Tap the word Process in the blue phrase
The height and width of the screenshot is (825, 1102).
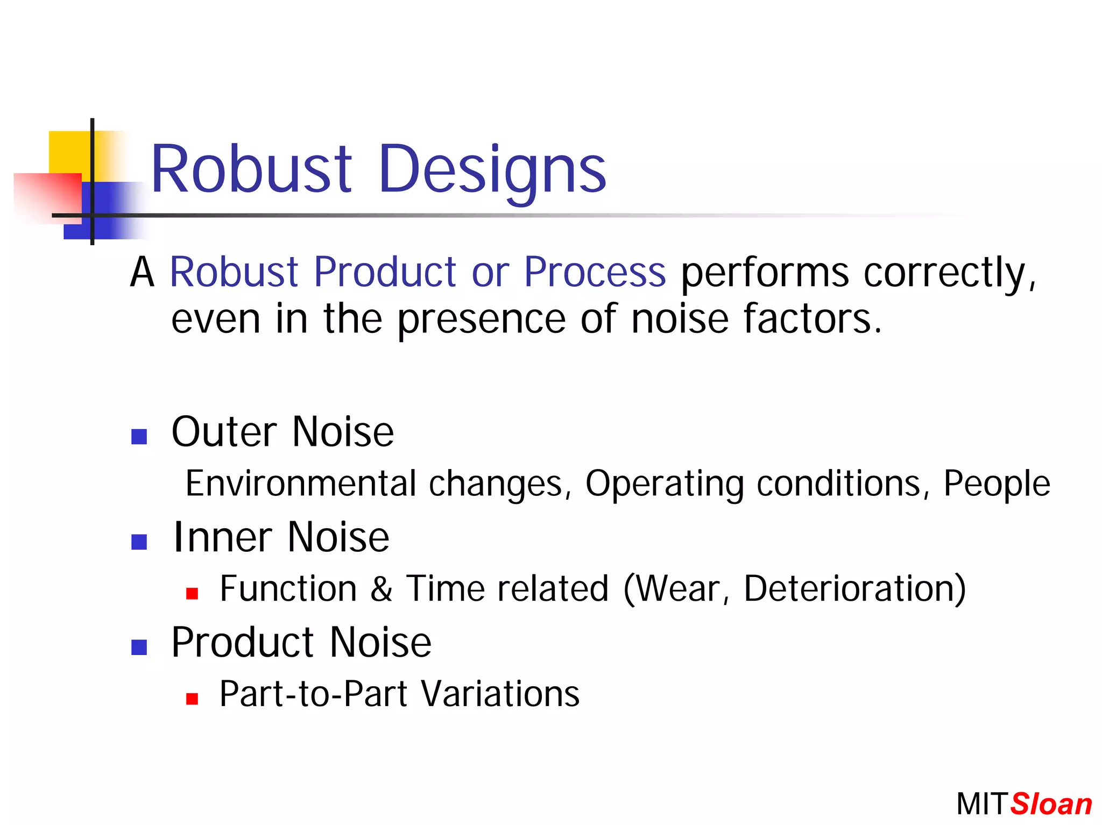click(x=595, y=272)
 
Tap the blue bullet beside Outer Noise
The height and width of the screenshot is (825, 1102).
click(x=139, y=436)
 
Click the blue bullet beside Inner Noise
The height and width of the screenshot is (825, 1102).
click(x=139, y=542)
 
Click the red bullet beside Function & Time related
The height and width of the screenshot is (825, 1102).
click(x=192, y=593)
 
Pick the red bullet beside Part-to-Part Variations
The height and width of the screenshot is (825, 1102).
click(x=192, y=699)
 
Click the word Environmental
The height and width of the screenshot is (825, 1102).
click(x=301, y=483)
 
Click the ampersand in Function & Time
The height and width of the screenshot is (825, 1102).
click(x=381, y=588)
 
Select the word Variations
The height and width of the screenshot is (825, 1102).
click(x=500, y=694)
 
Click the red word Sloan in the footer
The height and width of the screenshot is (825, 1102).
click(x=1051, y=805)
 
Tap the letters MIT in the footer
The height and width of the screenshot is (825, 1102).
click(x=981, y=805)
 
